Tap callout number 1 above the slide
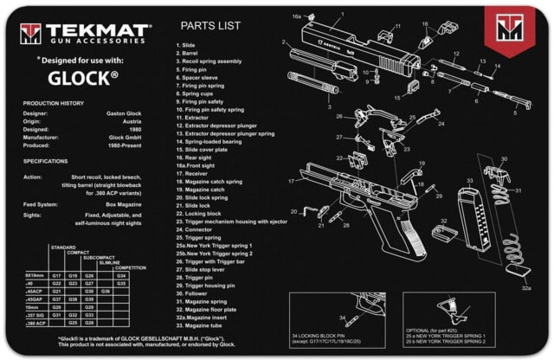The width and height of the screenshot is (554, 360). click(341, 16)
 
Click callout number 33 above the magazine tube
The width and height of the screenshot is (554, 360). click(469, 181)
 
